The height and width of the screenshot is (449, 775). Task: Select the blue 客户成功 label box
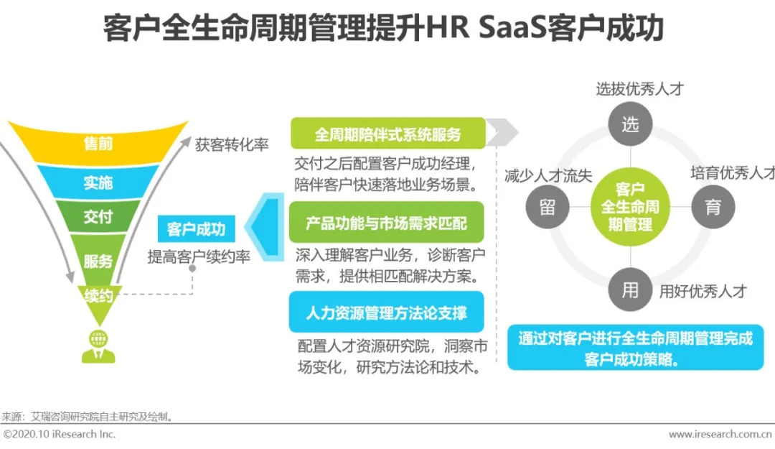point(195,229)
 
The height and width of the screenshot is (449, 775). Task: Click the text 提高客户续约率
point(199,256)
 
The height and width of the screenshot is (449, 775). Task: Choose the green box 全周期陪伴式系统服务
point(387,134)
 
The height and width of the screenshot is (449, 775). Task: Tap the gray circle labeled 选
point(629,124)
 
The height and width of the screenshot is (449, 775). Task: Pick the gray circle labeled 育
point(712,208)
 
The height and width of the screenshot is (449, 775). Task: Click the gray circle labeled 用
point(629,290)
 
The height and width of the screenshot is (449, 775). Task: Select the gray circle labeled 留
point(547,208)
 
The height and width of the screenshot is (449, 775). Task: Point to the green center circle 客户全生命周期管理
point(629,208)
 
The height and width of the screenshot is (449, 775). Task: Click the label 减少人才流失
point(548,176)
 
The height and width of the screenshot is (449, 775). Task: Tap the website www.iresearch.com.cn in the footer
point(720,435)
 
